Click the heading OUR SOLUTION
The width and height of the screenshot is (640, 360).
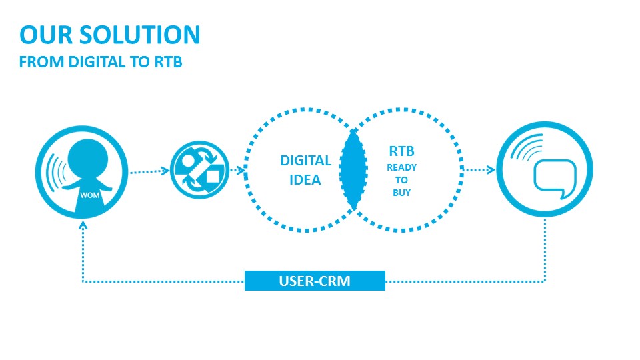110,35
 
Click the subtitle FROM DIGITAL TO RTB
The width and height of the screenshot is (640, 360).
101,62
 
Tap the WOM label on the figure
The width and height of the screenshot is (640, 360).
90,195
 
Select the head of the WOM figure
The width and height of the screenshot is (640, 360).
88,159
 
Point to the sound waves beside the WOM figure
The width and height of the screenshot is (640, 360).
55,173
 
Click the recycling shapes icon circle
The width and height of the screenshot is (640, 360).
199,170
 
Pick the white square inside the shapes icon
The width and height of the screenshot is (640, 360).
213,176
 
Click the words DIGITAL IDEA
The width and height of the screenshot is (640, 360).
305,170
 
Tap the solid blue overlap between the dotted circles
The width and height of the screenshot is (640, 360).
353,170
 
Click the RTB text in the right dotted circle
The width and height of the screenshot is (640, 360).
401,151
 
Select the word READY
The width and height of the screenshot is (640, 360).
401,167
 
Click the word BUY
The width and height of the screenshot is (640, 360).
401,193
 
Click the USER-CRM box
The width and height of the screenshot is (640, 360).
315,281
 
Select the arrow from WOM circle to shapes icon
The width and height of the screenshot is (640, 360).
149,171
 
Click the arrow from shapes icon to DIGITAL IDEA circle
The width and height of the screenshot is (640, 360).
237,170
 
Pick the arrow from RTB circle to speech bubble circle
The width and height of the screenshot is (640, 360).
479,169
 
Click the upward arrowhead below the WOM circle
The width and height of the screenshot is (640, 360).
83,225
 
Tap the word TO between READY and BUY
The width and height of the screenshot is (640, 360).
401,180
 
